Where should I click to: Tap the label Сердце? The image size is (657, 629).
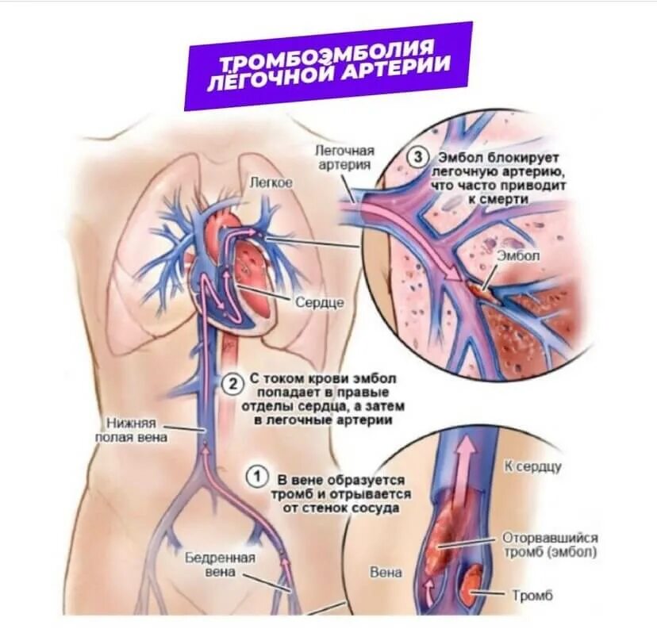click(319, 303)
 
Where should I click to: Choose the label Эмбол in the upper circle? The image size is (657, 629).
click(518, 255)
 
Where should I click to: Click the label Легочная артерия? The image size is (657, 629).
click(344, 157)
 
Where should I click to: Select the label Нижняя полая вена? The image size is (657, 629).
click(131, 429)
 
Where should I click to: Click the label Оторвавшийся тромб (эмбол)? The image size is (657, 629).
click(550, 544)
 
